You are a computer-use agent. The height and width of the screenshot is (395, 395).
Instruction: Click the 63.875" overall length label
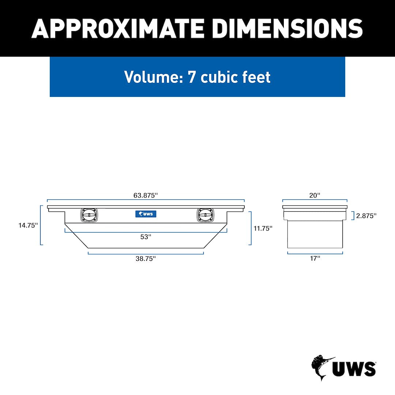pyautogui.click(x=146, y=195)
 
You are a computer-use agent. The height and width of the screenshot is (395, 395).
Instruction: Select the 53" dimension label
pyautogui.click(x=146, y=237)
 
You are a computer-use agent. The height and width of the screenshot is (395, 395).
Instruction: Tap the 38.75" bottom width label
pyautogui.click(x=146, y=259)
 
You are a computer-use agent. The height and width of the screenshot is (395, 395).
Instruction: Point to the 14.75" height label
pyautogui.click(x=28, y=225)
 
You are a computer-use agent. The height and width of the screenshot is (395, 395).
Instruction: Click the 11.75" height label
pyautogui.click(x=263, y=228)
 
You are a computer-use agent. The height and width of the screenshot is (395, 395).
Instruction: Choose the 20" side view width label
pyautogui.click(x=315, y=195)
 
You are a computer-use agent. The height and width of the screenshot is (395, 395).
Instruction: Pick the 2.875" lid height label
pyautogui.click(x=366, y=216)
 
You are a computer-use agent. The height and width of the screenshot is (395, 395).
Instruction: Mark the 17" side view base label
pyautogui.click(x=315, y=259)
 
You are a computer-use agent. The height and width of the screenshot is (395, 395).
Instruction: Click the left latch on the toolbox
pyautogui.click(x=89, y=215)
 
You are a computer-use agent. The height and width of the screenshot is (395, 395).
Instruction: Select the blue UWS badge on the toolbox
pyautogui.click(x=146, y=214)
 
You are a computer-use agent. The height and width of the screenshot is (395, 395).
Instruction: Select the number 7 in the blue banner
pyautogui.click(x=192, y=77)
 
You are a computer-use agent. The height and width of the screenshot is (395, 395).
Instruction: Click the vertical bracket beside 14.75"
pyautogui.click(x=41, y=225)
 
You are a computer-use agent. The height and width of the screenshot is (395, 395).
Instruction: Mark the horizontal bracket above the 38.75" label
pyautogui.click(x=146, y=253)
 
